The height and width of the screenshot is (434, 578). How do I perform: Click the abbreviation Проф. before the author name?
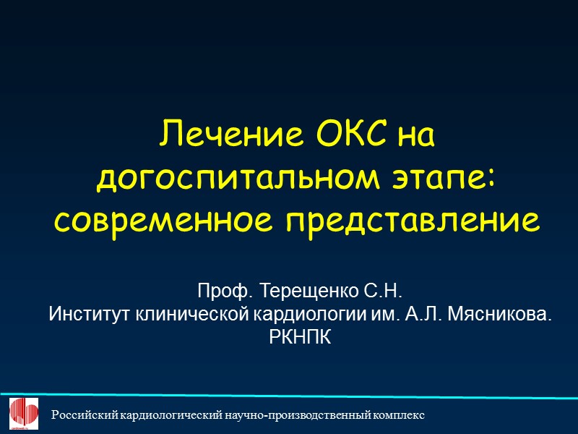tap(219, 293)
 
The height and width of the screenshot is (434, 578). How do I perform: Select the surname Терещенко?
tap(304, 293)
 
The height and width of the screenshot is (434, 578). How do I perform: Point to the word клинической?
tap(190, 315)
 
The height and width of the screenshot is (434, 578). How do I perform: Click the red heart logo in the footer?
tap(23, 414)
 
